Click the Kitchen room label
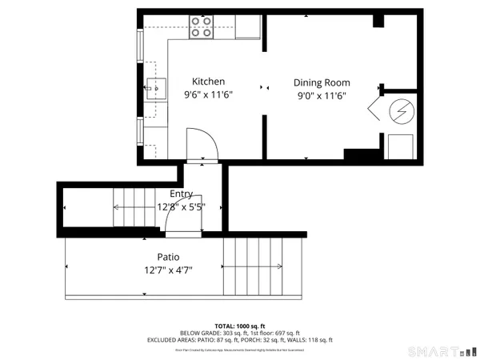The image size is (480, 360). tap(208, 82)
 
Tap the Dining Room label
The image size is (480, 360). tap(322, 83)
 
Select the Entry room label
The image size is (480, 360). tap(182, 194)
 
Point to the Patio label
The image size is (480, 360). tap(157, 258)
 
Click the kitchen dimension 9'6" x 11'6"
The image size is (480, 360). tap(208, 95)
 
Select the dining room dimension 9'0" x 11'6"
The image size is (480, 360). tap(322, 96)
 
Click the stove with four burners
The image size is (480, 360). tap(201, 27)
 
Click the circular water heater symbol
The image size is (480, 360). tap(399, 110)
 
